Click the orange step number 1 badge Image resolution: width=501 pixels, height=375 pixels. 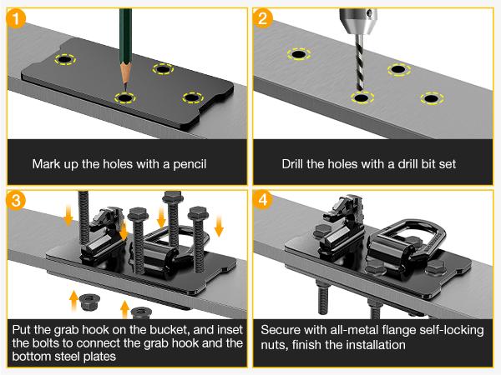click(x=15, y=18)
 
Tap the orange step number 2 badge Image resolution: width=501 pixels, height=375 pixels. click(x=263, y=17)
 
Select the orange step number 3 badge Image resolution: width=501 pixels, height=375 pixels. click(x=15, y=200)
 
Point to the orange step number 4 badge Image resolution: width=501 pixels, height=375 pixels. click(x=263, y=200)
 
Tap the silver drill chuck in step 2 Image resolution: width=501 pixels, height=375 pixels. click(x=358, y=20)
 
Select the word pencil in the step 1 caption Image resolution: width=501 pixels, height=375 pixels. click(x=190, y=164)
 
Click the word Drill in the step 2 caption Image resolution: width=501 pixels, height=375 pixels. click(x=293, y=164)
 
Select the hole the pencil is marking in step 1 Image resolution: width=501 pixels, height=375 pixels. click(x=125, y=97)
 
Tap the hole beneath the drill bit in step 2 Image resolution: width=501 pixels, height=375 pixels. click(x=362, y=97)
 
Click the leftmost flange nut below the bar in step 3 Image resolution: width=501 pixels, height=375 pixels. click(x=89, y=302)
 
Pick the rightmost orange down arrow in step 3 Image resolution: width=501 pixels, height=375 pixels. click(x=219, y=226)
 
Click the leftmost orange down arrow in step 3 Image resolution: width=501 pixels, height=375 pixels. click(x=68, y=216)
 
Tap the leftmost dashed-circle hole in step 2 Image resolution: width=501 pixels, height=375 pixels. click(x=299, y=54)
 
